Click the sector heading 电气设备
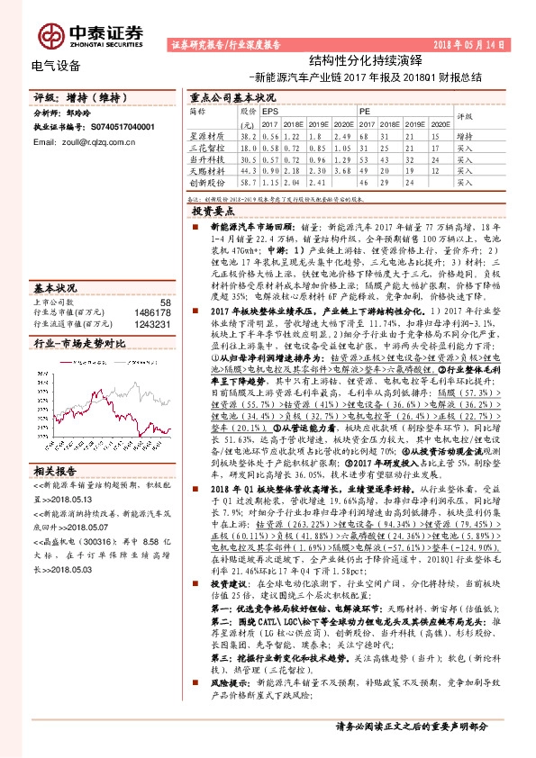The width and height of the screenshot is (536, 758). pyautogui.click(x=56, y=66)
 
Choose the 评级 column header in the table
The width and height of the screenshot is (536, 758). pyautogui.click(x=465, y=116)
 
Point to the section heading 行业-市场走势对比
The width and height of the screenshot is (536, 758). pyautogui.click(x=73, y=343)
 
